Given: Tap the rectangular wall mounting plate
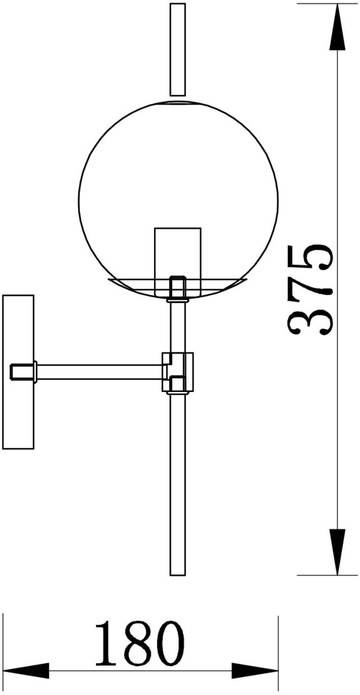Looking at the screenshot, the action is tap(18, 372).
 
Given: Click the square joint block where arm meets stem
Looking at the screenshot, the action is tap(178, 372).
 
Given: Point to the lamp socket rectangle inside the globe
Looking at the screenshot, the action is tap(177, 262).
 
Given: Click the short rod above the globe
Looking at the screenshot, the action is tap(178, 49).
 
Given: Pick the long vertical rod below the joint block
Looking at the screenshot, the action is tap(178, 483).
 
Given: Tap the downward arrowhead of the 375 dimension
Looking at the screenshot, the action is tap(337, 552).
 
